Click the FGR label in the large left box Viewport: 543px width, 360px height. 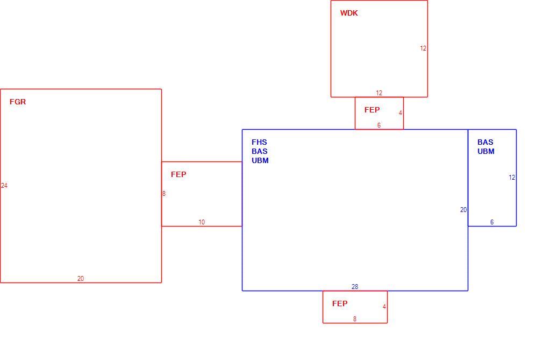pos(18,102)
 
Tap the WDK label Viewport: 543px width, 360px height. pos(349,13)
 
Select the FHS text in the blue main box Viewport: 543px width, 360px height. pos(259,142)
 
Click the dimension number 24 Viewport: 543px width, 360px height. pos(4,186)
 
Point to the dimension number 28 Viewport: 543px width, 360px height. pos(355,286)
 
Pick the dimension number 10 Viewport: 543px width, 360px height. pos(202,222)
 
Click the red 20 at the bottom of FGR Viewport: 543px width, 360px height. pos(81,279)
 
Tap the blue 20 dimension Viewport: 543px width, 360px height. pos(463,210)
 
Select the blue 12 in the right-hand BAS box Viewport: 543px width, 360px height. pos(512,178)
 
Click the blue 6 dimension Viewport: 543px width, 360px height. pos(492,222)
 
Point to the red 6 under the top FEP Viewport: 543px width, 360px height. pos(379,125)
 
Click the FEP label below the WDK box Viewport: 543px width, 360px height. pos(372,110)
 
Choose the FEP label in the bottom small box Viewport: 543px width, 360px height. pos(340,303)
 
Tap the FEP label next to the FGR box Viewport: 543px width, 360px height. pos(178,174)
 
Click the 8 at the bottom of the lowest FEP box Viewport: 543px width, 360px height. pos(355,319)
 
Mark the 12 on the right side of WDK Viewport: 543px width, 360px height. pos(423,48)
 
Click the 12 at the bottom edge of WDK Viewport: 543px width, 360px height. pos(379,93)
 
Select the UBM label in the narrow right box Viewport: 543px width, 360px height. pos(486,151)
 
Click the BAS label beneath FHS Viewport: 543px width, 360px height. pos(260,151)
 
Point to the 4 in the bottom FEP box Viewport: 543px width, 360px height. pos(384,307)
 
